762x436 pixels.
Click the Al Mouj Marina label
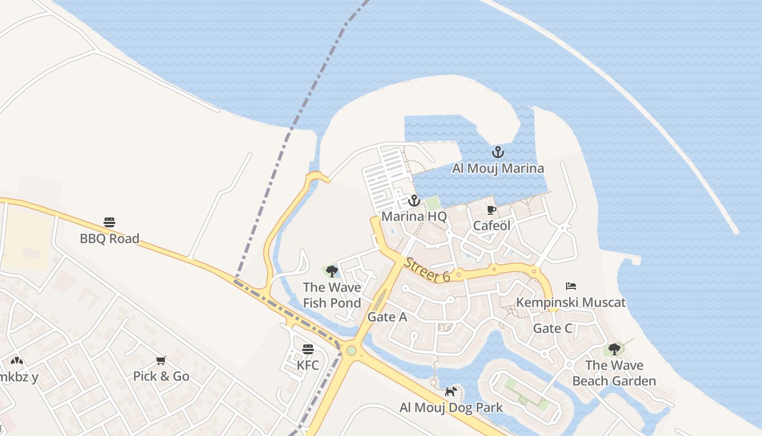click(x=497, y=168)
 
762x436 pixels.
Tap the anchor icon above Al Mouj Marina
click(x=497, y=153)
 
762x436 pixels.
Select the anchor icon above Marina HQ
click(x=414, y=201)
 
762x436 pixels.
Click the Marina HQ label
click(x=414, y=216)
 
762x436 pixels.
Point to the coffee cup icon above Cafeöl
click(x=491, y=210)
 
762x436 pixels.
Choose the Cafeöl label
click(x=491, y=226)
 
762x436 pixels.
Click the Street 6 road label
click(x=427, y=270)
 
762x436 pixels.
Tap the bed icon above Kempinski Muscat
click(x=570, y=286)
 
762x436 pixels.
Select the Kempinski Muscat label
click(x=570, y=302)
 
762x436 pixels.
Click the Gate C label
click(x=552, y=328)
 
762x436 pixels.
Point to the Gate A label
click(x=387, y=317)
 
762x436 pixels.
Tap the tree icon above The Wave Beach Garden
click(x=614, y=349)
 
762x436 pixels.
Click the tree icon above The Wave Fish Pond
click(x=331, y=271)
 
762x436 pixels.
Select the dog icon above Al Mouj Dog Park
click(x=451, y=391)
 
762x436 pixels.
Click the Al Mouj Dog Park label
click(x=451, y=408)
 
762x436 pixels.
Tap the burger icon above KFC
click(x=308, y=349)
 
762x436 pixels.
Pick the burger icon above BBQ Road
click(x=109, y=222)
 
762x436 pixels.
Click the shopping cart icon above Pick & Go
click(x=161, y=360)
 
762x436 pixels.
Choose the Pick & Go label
click(x=161, y=376)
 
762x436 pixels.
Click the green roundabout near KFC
click(x=351, y=350)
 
